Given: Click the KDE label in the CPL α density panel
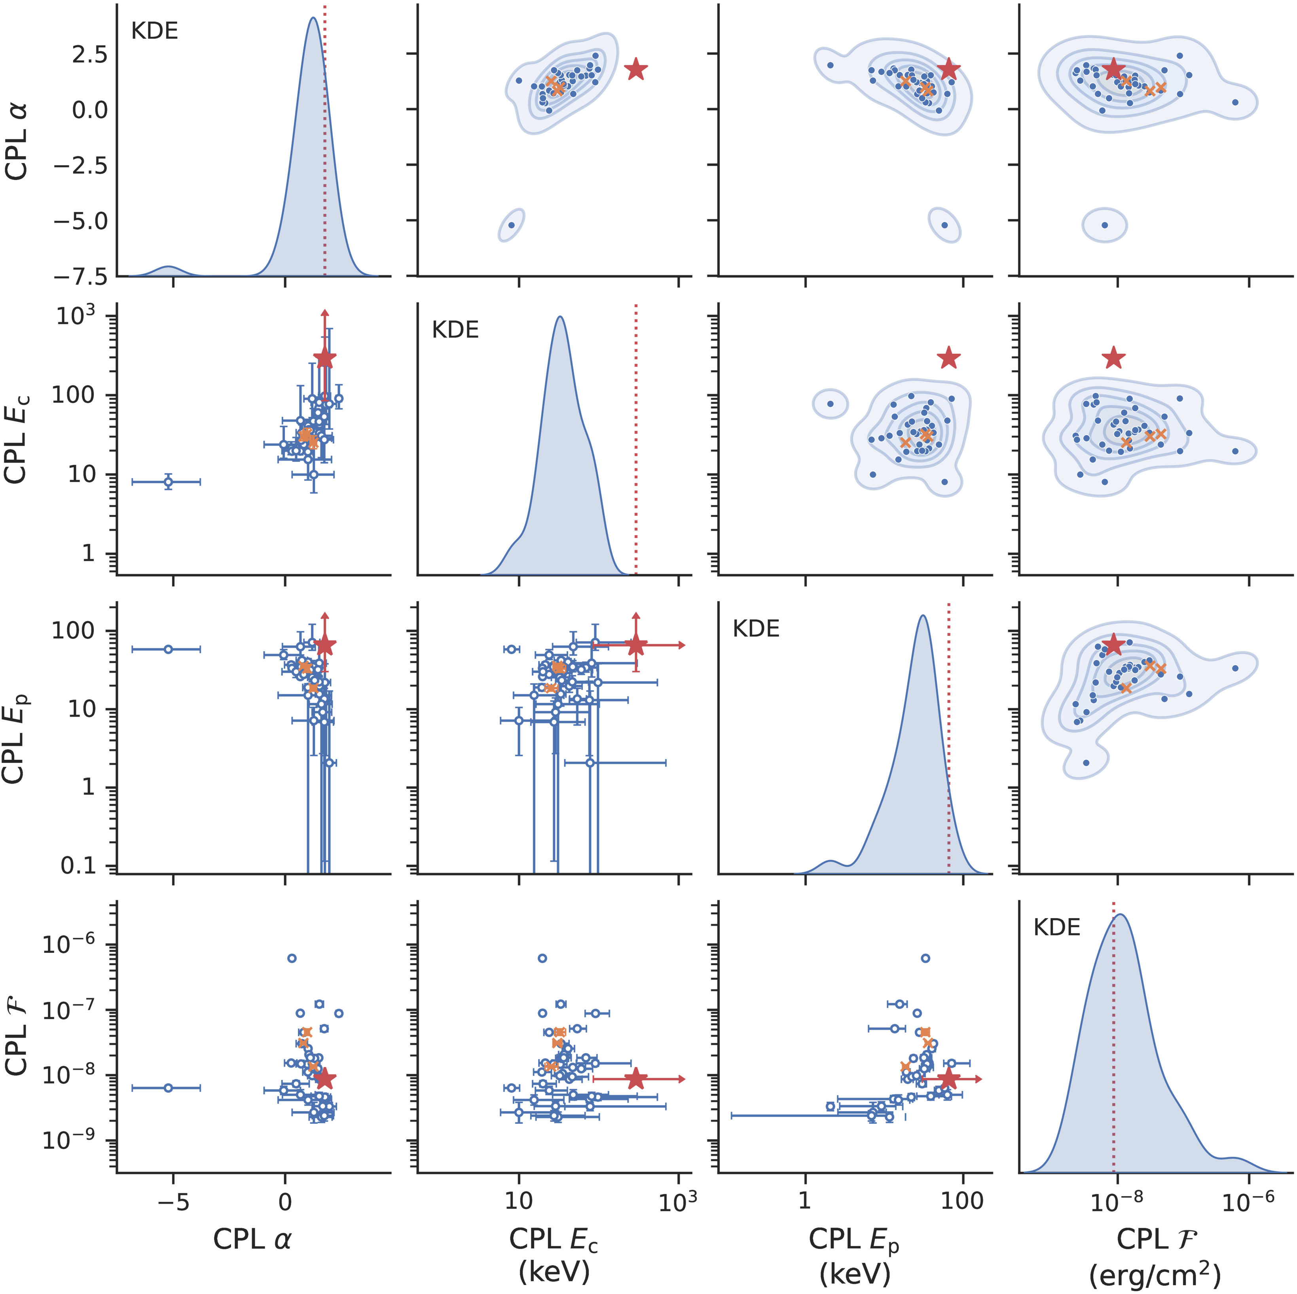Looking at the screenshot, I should tap(154, 32).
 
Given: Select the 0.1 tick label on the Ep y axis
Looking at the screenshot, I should tap(79, 866).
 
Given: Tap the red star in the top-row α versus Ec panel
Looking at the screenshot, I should tap(636, 69).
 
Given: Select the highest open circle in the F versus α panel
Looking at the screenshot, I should tap(291, 958).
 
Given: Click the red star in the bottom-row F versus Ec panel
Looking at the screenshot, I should tap(636, 1079).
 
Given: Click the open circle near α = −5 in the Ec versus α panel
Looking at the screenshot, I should tap(169, 482).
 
